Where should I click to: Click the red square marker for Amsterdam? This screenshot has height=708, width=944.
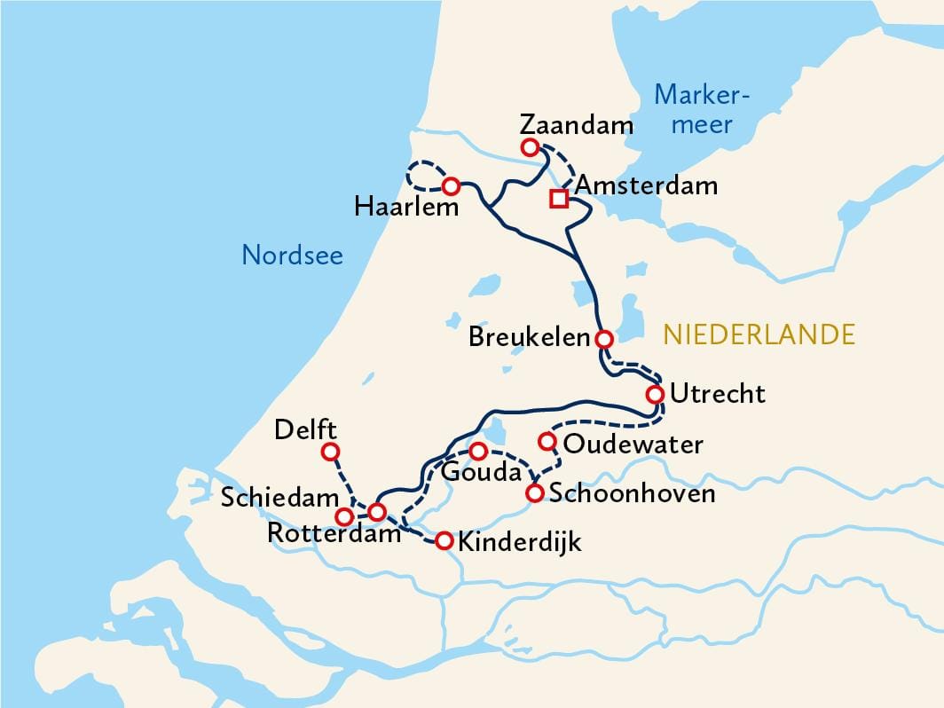[x=558, y=198]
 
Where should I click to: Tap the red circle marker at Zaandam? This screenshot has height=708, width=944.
[x=530, y=147]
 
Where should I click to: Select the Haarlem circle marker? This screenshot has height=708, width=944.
[x=451, y=186]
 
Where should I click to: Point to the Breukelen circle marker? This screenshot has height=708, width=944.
[x=603, y=339]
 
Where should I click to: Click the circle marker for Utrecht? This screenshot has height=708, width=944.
[x=656, y=394]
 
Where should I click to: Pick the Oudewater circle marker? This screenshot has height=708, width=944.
[x=547, y=441]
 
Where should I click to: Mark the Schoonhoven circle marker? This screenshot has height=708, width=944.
[x=535, y=493]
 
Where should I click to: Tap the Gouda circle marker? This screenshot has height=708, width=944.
[x=477, y=452]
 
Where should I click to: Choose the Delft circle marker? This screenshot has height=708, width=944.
[x=330, y=452]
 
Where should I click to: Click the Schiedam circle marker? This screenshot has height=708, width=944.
[x=344, y=516]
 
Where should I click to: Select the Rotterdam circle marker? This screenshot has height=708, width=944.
[x=377, y=512]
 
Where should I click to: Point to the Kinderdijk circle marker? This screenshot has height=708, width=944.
[x=444, y=540]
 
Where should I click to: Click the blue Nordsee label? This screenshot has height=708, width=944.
[x=292, y=256]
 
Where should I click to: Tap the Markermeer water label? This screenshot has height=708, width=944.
[x=702, y=108]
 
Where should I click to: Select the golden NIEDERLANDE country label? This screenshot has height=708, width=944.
[x=759, y=334]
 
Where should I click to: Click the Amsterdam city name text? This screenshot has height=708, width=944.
[x=646, y=185]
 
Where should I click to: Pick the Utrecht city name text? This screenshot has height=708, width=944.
[x=717, y=394]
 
